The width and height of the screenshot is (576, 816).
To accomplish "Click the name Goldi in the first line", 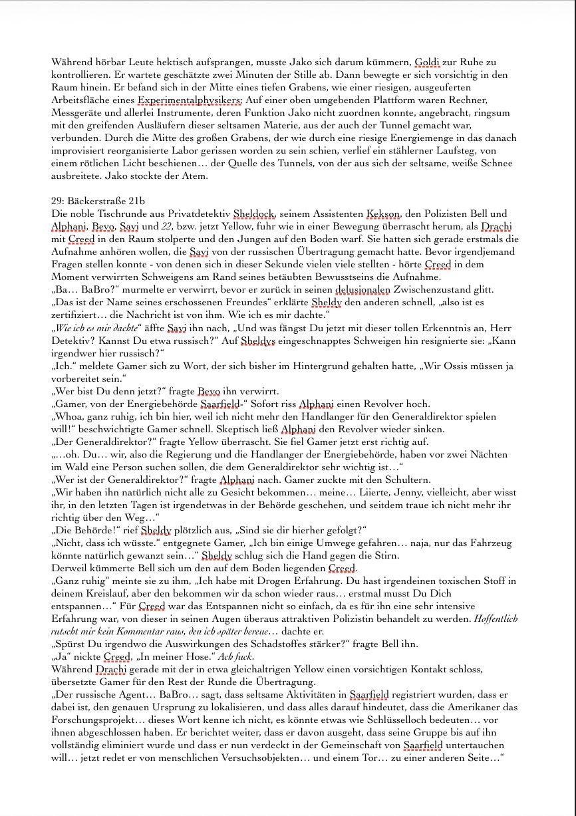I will click(x=427, y=63).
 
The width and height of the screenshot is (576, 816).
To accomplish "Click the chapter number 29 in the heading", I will click(x=57, y=201).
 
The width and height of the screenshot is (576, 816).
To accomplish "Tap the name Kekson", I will click(x=383, y=213).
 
